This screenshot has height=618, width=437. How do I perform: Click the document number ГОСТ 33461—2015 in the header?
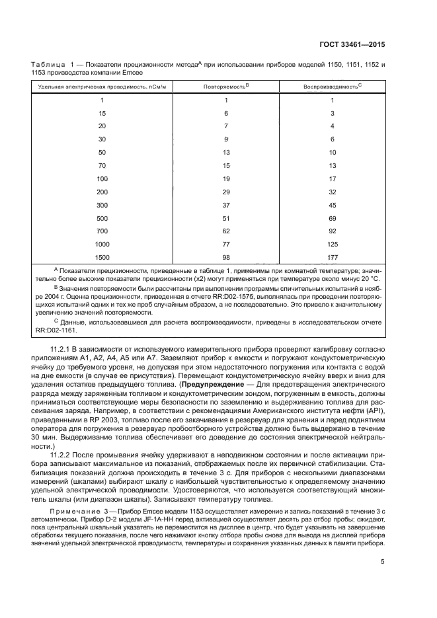pyautogui.click(x=349, y=44)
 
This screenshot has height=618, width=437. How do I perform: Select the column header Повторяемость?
pyautogui.click(x=225, y=86)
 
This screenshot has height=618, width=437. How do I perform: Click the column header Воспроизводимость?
pyautogui.click(x=332, y=86)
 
